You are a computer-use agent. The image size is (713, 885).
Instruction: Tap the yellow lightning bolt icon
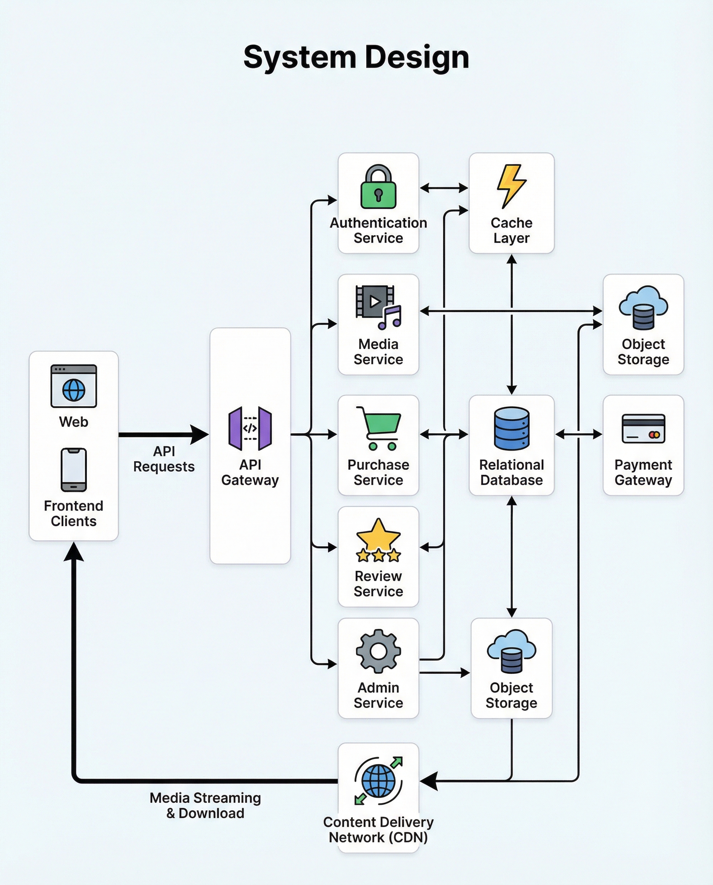pos(511,186)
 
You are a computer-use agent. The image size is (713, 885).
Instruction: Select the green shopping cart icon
pos(379,428)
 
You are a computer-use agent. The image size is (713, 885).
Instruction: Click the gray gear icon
pos(378,651)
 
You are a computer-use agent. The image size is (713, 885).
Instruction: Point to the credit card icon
pos(643,428)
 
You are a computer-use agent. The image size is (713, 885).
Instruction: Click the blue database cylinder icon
pos(511,428)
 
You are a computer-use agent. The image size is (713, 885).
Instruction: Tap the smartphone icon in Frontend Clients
pos(73,469)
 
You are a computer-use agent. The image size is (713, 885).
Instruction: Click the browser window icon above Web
pos(73,386)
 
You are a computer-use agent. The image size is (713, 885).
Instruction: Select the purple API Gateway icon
pos(250,428)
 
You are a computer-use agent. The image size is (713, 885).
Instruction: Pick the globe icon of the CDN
pos(378,781)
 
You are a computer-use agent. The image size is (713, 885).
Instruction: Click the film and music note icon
pos(378,307)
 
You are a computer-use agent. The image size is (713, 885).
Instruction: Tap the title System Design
pos(356,57)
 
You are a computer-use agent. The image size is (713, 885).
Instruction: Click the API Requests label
pos(164,459)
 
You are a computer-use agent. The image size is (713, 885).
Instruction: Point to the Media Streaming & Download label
pos(205,805)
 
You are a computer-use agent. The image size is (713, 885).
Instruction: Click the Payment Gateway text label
pos(643,472)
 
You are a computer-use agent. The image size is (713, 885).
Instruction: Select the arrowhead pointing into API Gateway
pos(201,434)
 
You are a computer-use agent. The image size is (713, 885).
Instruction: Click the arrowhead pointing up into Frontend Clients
pos(74,552)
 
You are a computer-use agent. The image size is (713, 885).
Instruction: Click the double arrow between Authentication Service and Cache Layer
pos(444,188)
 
